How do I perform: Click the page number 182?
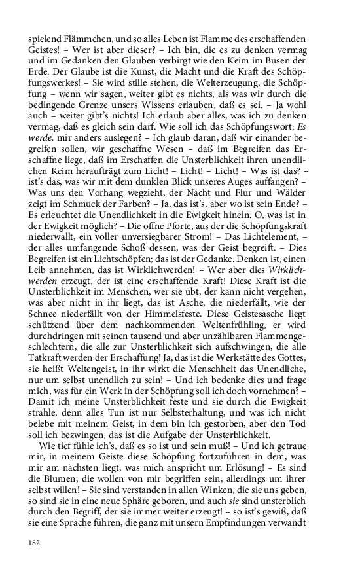35,543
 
